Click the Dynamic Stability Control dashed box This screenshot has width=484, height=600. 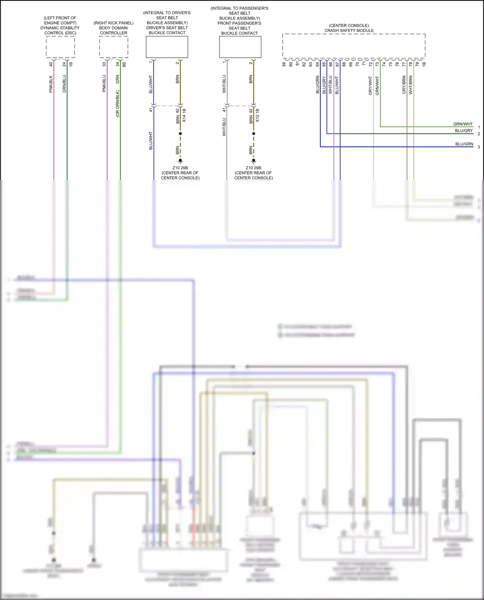[x=60, y=47]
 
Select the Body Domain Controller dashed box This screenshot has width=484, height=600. [x=114, y=47]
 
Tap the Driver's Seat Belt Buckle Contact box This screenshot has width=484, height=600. [x=167, y=47]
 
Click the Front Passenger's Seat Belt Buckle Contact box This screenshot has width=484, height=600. [x=240, y=47]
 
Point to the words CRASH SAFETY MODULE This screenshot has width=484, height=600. [x=349, y=31]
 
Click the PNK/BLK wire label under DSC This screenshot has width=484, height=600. [x=51, y=84]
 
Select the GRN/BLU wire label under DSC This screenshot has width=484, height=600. [x=64, y=84]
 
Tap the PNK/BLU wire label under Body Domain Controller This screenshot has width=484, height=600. [x=104, y=84]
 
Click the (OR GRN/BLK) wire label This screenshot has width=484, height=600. [x=118, y=103]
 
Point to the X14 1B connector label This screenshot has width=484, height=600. [x=184, y=115]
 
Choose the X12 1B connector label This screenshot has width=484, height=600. [x=257, y=115]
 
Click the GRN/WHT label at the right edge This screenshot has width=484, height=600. [x=463, y=124]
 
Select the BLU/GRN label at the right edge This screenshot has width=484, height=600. [x=464, y=144]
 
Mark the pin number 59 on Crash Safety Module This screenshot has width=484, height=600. [x=284, y=64]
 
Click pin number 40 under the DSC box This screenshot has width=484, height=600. [x=51, y=64]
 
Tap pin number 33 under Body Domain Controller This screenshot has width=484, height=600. [x=104, y=64]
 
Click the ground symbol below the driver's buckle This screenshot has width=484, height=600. [x=180, y=161]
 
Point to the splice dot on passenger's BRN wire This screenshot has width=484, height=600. [x=254, y=133]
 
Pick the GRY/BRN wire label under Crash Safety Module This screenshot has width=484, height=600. [x=404, y=85]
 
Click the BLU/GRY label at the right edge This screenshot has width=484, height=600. [x=464, y=131]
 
